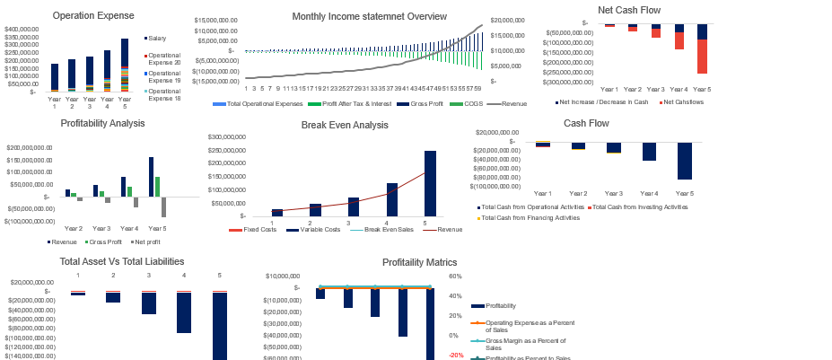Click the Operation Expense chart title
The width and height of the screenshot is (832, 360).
pos(93,15)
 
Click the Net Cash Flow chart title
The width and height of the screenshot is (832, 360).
pos(653,10)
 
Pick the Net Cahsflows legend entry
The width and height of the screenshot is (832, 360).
pos(683,102)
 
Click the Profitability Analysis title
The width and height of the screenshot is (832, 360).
pos(102,123)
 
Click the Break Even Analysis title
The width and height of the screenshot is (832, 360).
pos(346,125)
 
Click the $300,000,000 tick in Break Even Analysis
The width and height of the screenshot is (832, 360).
pos(228,137)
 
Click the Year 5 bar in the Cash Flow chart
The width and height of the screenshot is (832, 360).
pos(684,162)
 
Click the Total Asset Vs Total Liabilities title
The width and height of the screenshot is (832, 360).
pos(121,261)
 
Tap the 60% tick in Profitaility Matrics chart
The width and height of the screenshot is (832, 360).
pos(455,277)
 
